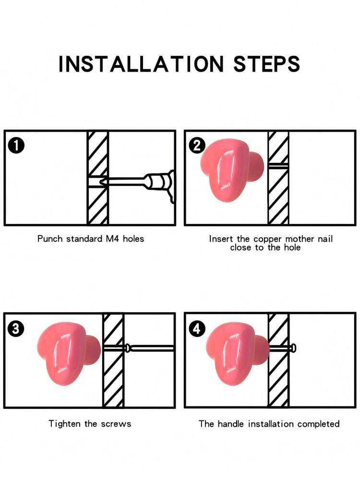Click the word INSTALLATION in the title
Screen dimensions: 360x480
tap(141, 64)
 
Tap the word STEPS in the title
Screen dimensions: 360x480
tap(266, 64)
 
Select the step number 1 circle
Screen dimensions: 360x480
tap(16, 146)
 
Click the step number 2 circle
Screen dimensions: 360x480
tap(197, 146)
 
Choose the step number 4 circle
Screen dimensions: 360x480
tap(197, 329)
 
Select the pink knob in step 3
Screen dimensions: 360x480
tap(69, 353)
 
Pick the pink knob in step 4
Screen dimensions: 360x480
tap(238, 353)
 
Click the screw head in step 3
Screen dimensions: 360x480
tap(128, 348)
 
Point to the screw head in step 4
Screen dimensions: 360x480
tap(294, 348)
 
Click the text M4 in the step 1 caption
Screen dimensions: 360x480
tap(112, 238)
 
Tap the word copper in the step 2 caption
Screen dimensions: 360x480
tap(268, 239)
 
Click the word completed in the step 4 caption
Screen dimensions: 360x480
tap(318, 424)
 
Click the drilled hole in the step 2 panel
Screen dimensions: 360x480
tap(278, 166)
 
